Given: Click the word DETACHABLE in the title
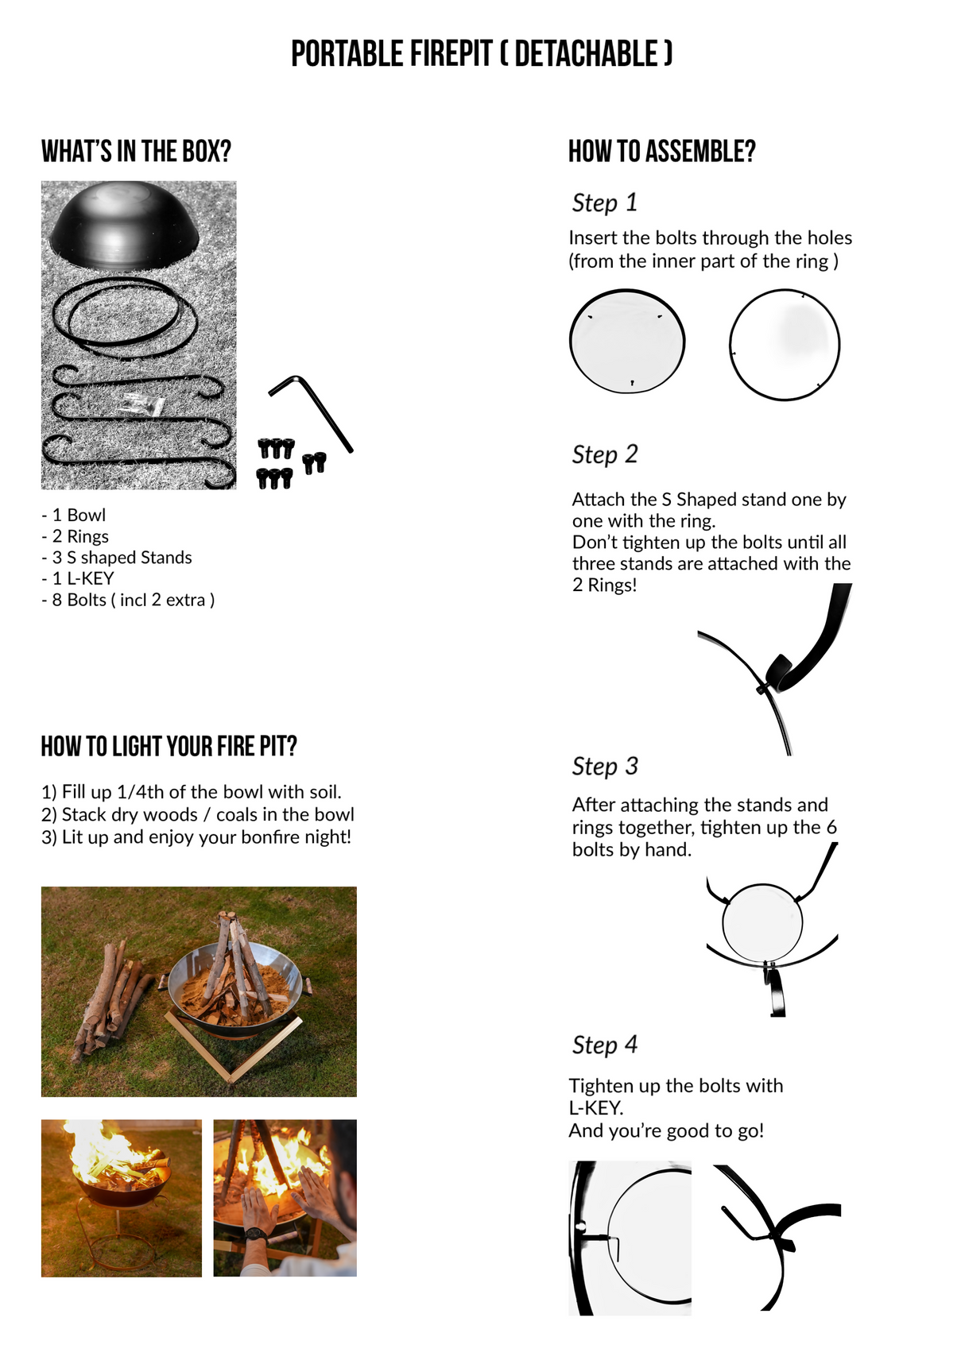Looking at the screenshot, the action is point(587,54).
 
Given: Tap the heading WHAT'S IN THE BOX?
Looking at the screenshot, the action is point(136,151).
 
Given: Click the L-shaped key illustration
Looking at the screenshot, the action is point(311,413).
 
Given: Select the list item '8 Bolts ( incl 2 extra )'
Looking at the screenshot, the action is point(128,600).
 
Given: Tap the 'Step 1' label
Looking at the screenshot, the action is point(605,203).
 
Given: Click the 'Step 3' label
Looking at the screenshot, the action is point(605,766).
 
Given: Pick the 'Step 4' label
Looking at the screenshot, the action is point(605,1045).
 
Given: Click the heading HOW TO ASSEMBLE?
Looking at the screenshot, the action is point(662,151).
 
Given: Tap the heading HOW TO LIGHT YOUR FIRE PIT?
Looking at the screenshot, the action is point(169,746).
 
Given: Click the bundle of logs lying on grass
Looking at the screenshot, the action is point(111,999).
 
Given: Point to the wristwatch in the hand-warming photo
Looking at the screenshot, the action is point(256,1234).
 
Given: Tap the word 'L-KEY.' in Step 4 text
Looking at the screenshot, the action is point(596,1108).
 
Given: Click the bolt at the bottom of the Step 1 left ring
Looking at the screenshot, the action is point(632,383).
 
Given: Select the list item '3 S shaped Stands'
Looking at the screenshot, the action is point(117,558).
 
